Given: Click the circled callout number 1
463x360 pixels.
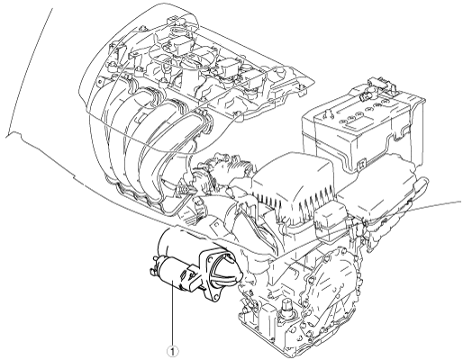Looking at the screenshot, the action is pyautogui.click(x=173, y=351).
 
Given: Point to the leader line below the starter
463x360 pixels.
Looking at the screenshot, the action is pyautogui.click(x=173, y=313).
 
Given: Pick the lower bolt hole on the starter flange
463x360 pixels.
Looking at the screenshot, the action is pyautogui.click(x=213, y=297).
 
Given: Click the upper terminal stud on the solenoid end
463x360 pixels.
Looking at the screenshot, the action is pyautogui.click(x=155, y=258).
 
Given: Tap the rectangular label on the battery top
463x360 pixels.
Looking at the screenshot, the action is pyautogui.click(x=354, y=121).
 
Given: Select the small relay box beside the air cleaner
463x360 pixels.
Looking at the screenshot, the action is pyautogui.click(x=330, y=218).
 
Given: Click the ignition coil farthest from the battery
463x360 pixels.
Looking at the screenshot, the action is pyautogui.click(x=179, y=44).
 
